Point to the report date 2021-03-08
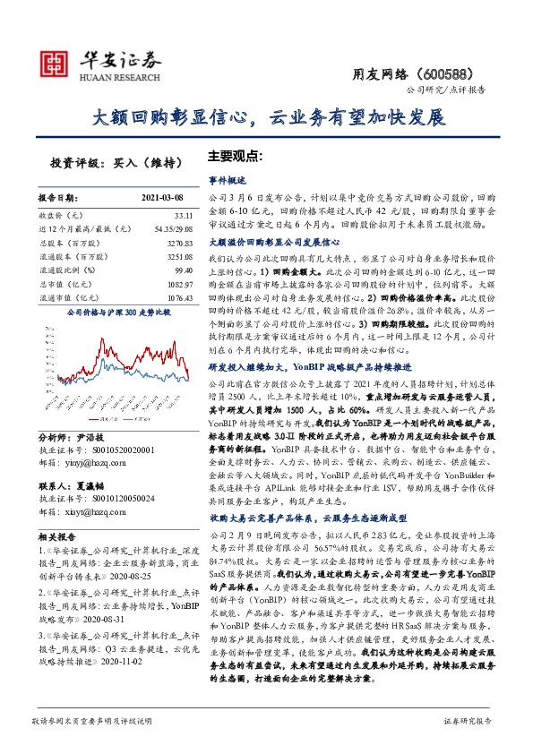pos(162,196)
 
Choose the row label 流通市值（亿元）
pos(68,296)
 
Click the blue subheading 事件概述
pos(227,180)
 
